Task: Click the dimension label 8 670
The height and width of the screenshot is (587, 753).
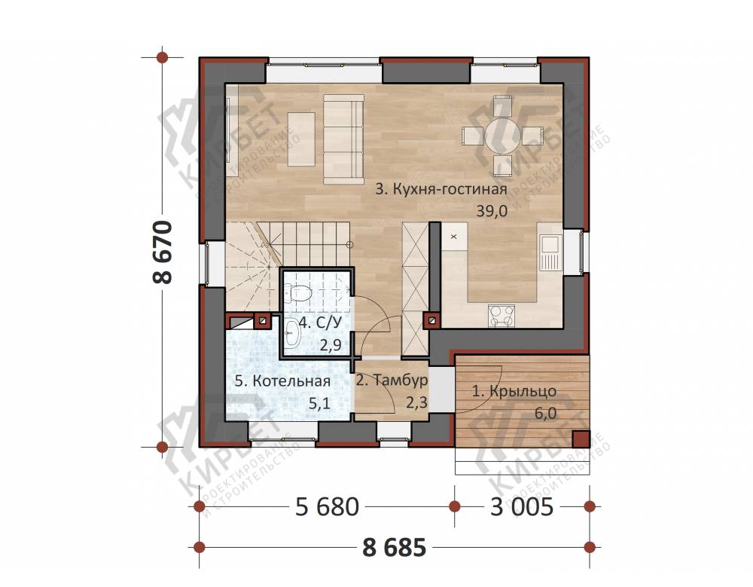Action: [x=163, y=252]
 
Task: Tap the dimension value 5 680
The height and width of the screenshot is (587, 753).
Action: [x=327, y=506]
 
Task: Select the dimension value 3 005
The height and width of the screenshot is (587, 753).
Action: [x=522, y=506]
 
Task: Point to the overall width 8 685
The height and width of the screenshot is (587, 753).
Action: [x=395, y=548]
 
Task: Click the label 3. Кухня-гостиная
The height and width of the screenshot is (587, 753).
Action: [x=441, y=189]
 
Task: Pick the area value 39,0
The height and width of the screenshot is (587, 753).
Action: [x=492, y=211]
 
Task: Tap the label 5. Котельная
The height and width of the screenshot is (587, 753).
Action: [x=282, y=381]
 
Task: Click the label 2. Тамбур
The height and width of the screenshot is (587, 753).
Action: [x=392, y=381]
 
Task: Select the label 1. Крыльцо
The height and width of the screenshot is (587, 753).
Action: [x=514, y=391]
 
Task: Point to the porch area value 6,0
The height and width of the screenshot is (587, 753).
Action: [x=544, y=412]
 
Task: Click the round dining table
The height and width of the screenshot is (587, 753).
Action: [x=502, y=136]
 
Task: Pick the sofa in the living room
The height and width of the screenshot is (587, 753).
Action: [x=343, y=140]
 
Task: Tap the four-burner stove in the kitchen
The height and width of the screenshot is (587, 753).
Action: [x=501, y=316]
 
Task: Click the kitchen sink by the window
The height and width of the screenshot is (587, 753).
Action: [x=550, y=252]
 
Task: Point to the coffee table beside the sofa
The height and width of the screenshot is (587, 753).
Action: [x=301, y=139]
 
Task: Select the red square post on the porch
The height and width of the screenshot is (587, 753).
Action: [x=581, y=439]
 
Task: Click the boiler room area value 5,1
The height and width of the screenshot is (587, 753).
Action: [x=319, y=403]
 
